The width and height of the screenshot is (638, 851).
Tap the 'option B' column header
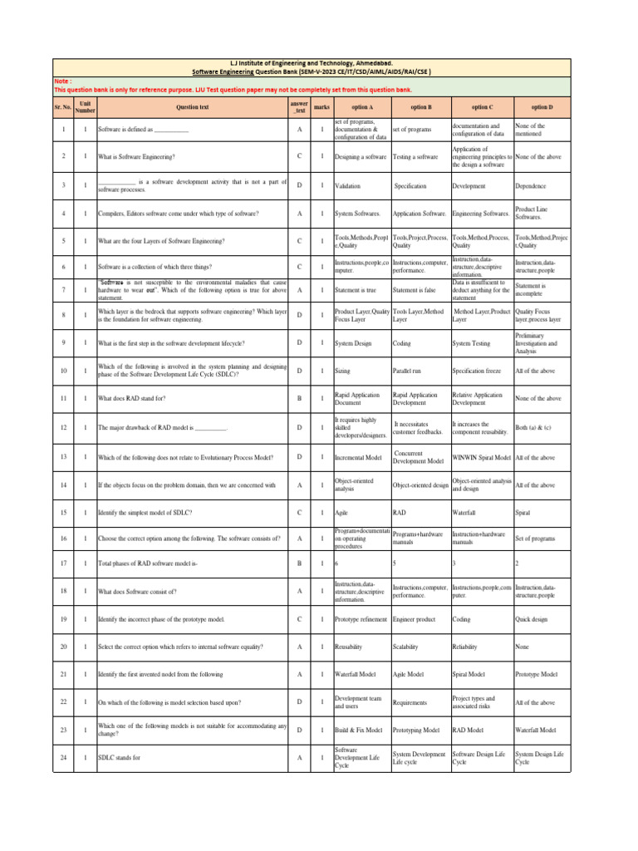point(420,107)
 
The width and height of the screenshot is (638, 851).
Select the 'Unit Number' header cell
point(86,107)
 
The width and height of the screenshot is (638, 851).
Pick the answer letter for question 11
point(299,399)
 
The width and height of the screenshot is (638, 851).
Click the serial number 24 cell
point(63,758)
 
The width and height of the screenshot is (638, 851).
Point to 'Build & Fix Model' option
point(358,730)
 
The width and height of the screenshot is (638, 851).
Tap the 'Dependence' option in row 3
point(532,186)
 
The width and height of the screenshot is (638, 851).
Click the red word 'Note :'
point(63,81)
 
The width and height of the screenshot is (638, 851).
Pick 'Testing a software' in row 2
point(415,156)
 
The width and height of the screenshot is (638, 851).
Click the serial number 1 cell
point(63,130)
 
